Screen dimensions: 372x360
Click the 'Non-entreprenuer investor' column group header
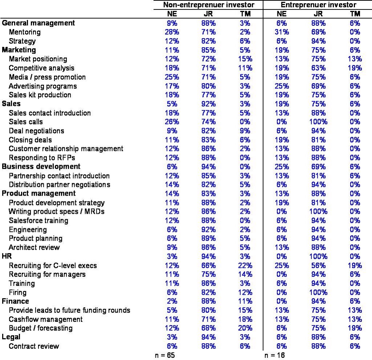point(209,5)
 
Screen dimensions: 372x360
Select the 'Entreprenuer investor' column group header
point(318,5)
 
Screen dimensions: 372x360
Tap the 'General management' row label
point(38,23)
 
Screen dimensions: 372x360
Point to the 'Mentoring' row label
point(25,32)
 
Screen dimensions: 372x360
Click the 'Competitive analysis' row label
point(41,68)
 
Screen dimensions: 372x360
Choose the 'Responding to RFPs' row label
point(42,158)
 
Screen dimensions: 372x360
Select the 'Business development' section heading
point(41,167)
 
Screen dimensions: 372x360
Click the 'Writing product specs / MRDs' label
point(56,212)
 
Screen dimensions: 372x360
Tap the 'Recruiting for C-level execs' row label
point(53,265)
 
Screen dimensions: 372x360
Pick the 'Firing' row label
point(17,292)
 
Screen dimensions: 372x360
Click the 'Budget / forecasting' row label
point(41,328)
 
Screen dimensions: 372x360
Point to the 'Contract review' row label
point(34,346)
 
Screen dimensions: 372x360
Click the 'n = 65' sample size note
point(165,355)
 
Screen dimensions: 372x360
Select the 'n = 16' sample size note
point(275,355)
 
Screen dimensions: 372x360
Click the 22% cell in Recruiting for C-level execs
point(245,265)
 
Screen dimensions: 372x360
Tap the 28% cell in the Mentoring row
point(172,32)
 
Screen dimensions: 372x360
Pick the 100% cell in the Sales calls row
point(318,122)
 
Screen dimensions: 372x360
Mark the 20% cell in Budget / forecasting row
point(245,328)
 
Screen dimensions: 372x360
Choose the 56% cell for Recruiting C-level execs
point(318,265)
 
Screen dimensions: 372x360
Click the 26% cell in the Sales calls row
point(172,122)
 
